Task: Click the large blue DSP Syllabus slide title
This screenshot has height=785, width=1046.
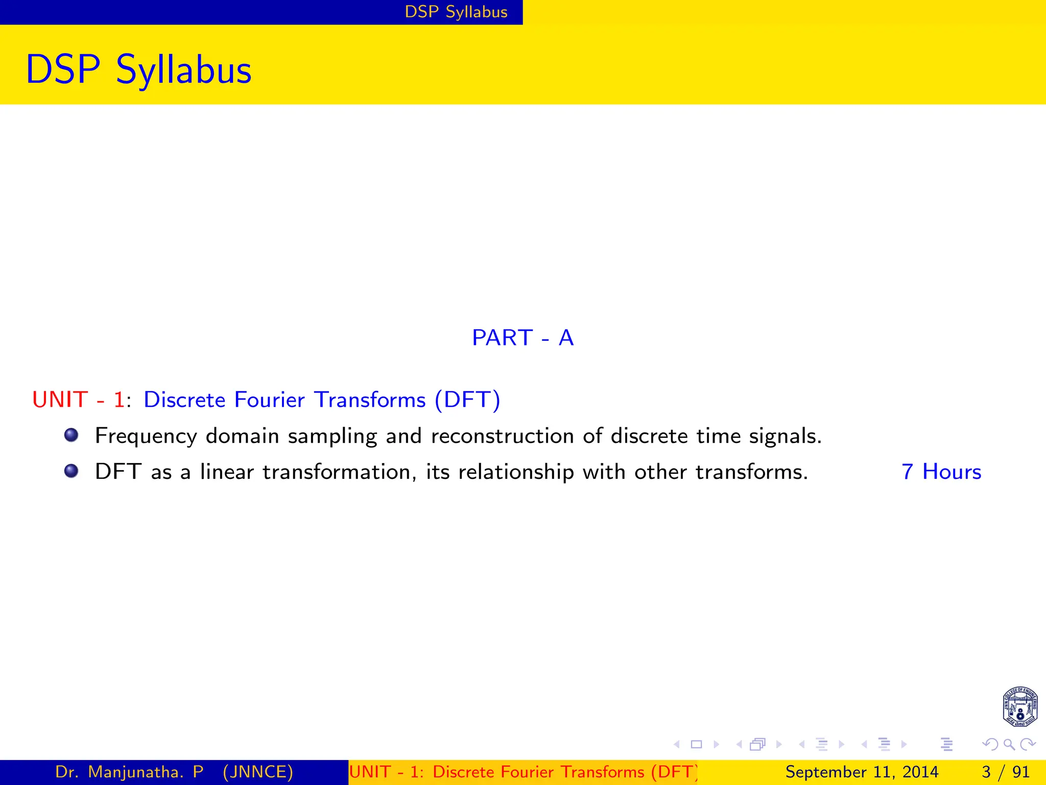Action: tap(138, 70)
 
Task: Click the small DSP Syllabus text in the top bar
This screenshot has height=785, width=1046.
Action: tap(456, 12)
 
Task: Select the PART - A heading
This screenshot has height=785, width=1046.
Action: tap(522, 338)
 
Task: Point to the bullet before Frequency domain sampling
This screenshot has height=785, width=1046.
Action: tap(72, 435)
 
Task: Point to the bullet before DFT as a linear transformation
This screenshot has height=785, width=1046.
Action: tap(72, 471)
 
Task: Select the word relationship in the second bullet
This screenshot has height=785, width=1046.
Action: tap(516, 472)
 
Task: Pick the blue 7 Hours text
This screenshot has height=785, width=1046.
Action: tap(941, 472)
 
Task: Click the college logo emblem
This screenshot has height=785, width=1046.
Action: tap(1019, 707)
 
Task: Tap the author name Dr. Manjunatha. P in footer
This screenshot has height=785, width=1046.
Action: tap(129, 772)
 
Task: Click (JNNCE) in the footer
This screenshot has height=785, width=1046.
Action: tap(258, 772)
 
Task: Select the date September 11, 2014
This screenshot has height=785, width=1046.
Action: tap(862, 772)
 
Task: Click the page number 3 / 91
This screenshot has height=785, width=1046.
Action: tap(1005, 772)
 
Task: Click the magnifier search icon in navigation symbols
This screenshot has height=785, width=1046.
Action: tap(1009, 744)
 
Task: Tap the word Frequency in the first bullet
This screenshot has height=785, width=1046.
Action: tap(146, 436)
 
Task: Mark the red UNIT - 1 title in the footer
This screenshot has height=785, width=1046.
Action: tap(522, 772)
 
